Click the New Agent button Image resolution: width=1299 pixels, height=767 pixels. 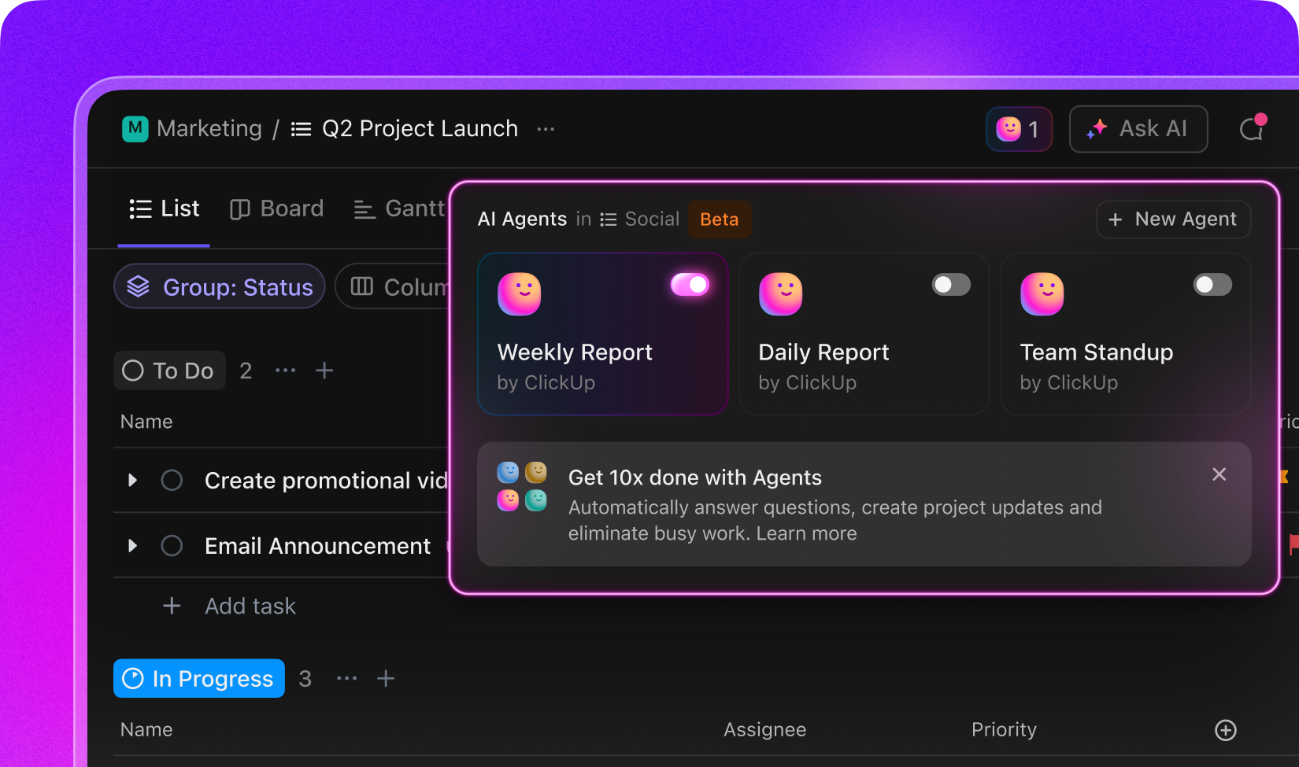(x=1173, y=219)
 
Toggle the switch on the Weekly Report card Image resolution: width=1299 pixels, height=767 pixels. (x=690, y=285)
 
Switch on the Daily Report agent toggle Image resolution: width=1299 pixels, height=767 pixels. (x=951, y=285)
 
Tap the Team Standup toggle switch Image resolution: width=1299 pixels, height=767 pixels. (x=1212, y=285)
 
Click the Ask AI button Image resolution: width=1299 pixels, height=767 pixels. (x=1138, y=128)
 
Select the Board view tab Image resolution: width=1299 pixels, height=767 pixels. (x=276, y=208)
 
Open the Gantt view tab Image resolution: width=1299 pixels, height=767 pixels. (x=400, y=208)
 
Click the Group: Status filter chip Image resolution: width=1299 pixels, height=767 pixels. (x=220, y=287)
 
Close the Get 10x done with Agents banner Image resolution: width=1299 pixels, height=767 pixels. (x=1219, y=474)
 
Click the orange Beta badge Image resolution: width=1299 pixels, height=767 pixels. (x=719, y=219)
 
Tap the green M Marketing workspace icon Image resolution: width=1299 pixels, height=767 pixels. (x=135, y=128)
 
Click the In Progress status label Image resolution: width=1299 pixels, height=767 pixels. (x=199, y=678)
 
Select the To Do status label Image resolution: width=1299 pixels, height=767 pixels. (x=169, y=371)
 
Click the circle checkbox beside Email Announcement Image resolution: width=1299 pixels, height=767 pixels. (x=172, y=546)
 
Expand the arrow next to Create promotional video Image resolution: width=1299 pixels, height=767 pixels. (x=133, y=480)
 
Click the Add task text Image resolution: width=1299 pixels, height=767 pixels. (x=250, y=606)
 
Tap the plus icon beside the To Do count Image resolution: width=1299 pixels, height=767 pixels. (x=324, y=371)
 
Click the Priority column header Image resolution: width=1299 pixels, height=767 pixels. (x=1004, y=729)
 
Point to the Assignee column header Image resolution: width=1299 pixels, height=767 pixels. (x=765, y=729)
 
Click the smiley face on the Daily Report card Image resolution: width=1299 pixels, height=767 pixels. (x=780, y=293)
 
